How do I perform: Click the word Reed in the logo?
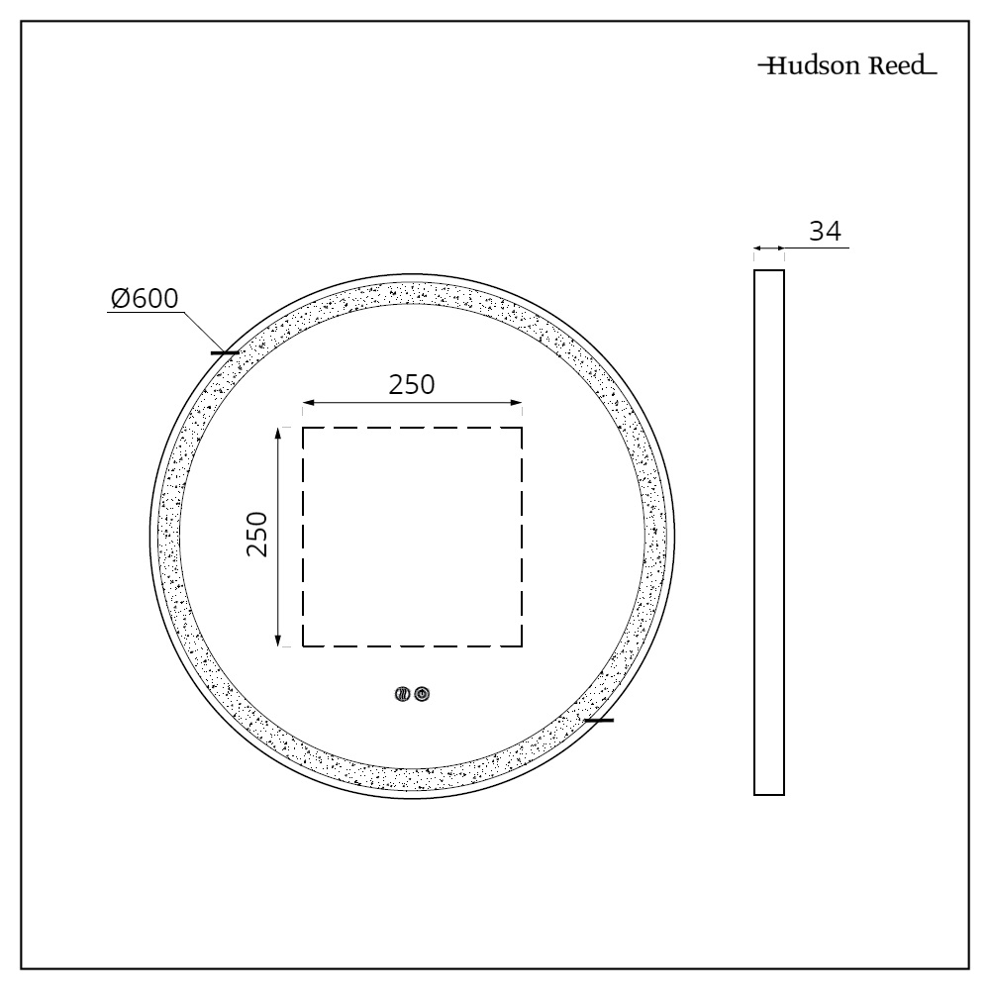click(x=893, y=67)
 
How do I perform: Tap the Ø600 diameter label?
click(x=145, y=297)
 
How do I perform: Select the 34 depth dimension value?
click(x=825, y=232)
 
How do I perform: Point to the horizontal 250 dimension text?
click(x=411, y=385)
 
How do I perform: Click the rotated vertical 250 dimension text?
click(x=257, y=535)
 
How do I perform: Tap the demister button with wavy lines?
click(x=403, y=695)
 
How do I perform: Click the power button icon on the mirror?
click(x=422, y=695)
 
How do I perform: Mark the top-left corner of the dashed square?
click(x=303, y=428)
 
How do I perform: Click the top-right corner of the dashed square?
click(x=522, y=428)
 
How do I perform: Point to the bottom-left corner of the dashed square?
click(x=303, y=646)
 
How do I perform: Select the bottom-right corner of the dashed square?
click(x=522, y=646)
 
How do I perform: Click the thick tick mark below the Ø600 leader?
click(x=225, y=351)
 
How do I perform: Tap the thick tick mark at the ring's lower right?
click(x=599, y=720)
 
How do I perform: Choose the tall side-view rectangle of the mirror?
click(x=769, y=533)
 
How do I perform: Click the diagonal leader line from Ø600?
click(x=203, y=331)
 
